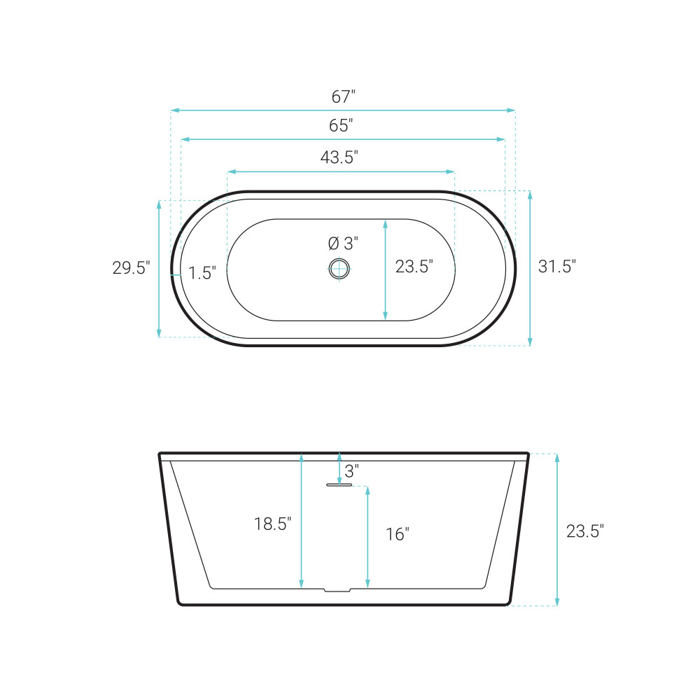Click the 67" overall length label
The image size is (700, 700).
[343, 97]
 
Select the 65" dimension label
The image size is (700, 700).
[341, 125]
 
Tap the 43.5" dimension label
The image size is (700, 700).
[339, 157]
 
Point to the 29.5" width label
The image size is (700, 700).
[132, 268]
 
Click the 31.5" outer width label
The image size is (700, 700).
[557, 267]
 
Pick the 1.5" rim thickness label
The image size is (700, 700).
[202, 273]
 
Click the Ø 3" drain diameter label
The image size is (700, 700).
[343, 244]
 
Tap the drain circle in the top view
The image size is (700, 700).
[339, 269]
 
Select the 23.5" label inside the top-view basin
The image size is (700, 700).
[414, 267]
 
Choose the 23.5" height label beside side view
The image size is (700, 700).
[585, 531]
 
